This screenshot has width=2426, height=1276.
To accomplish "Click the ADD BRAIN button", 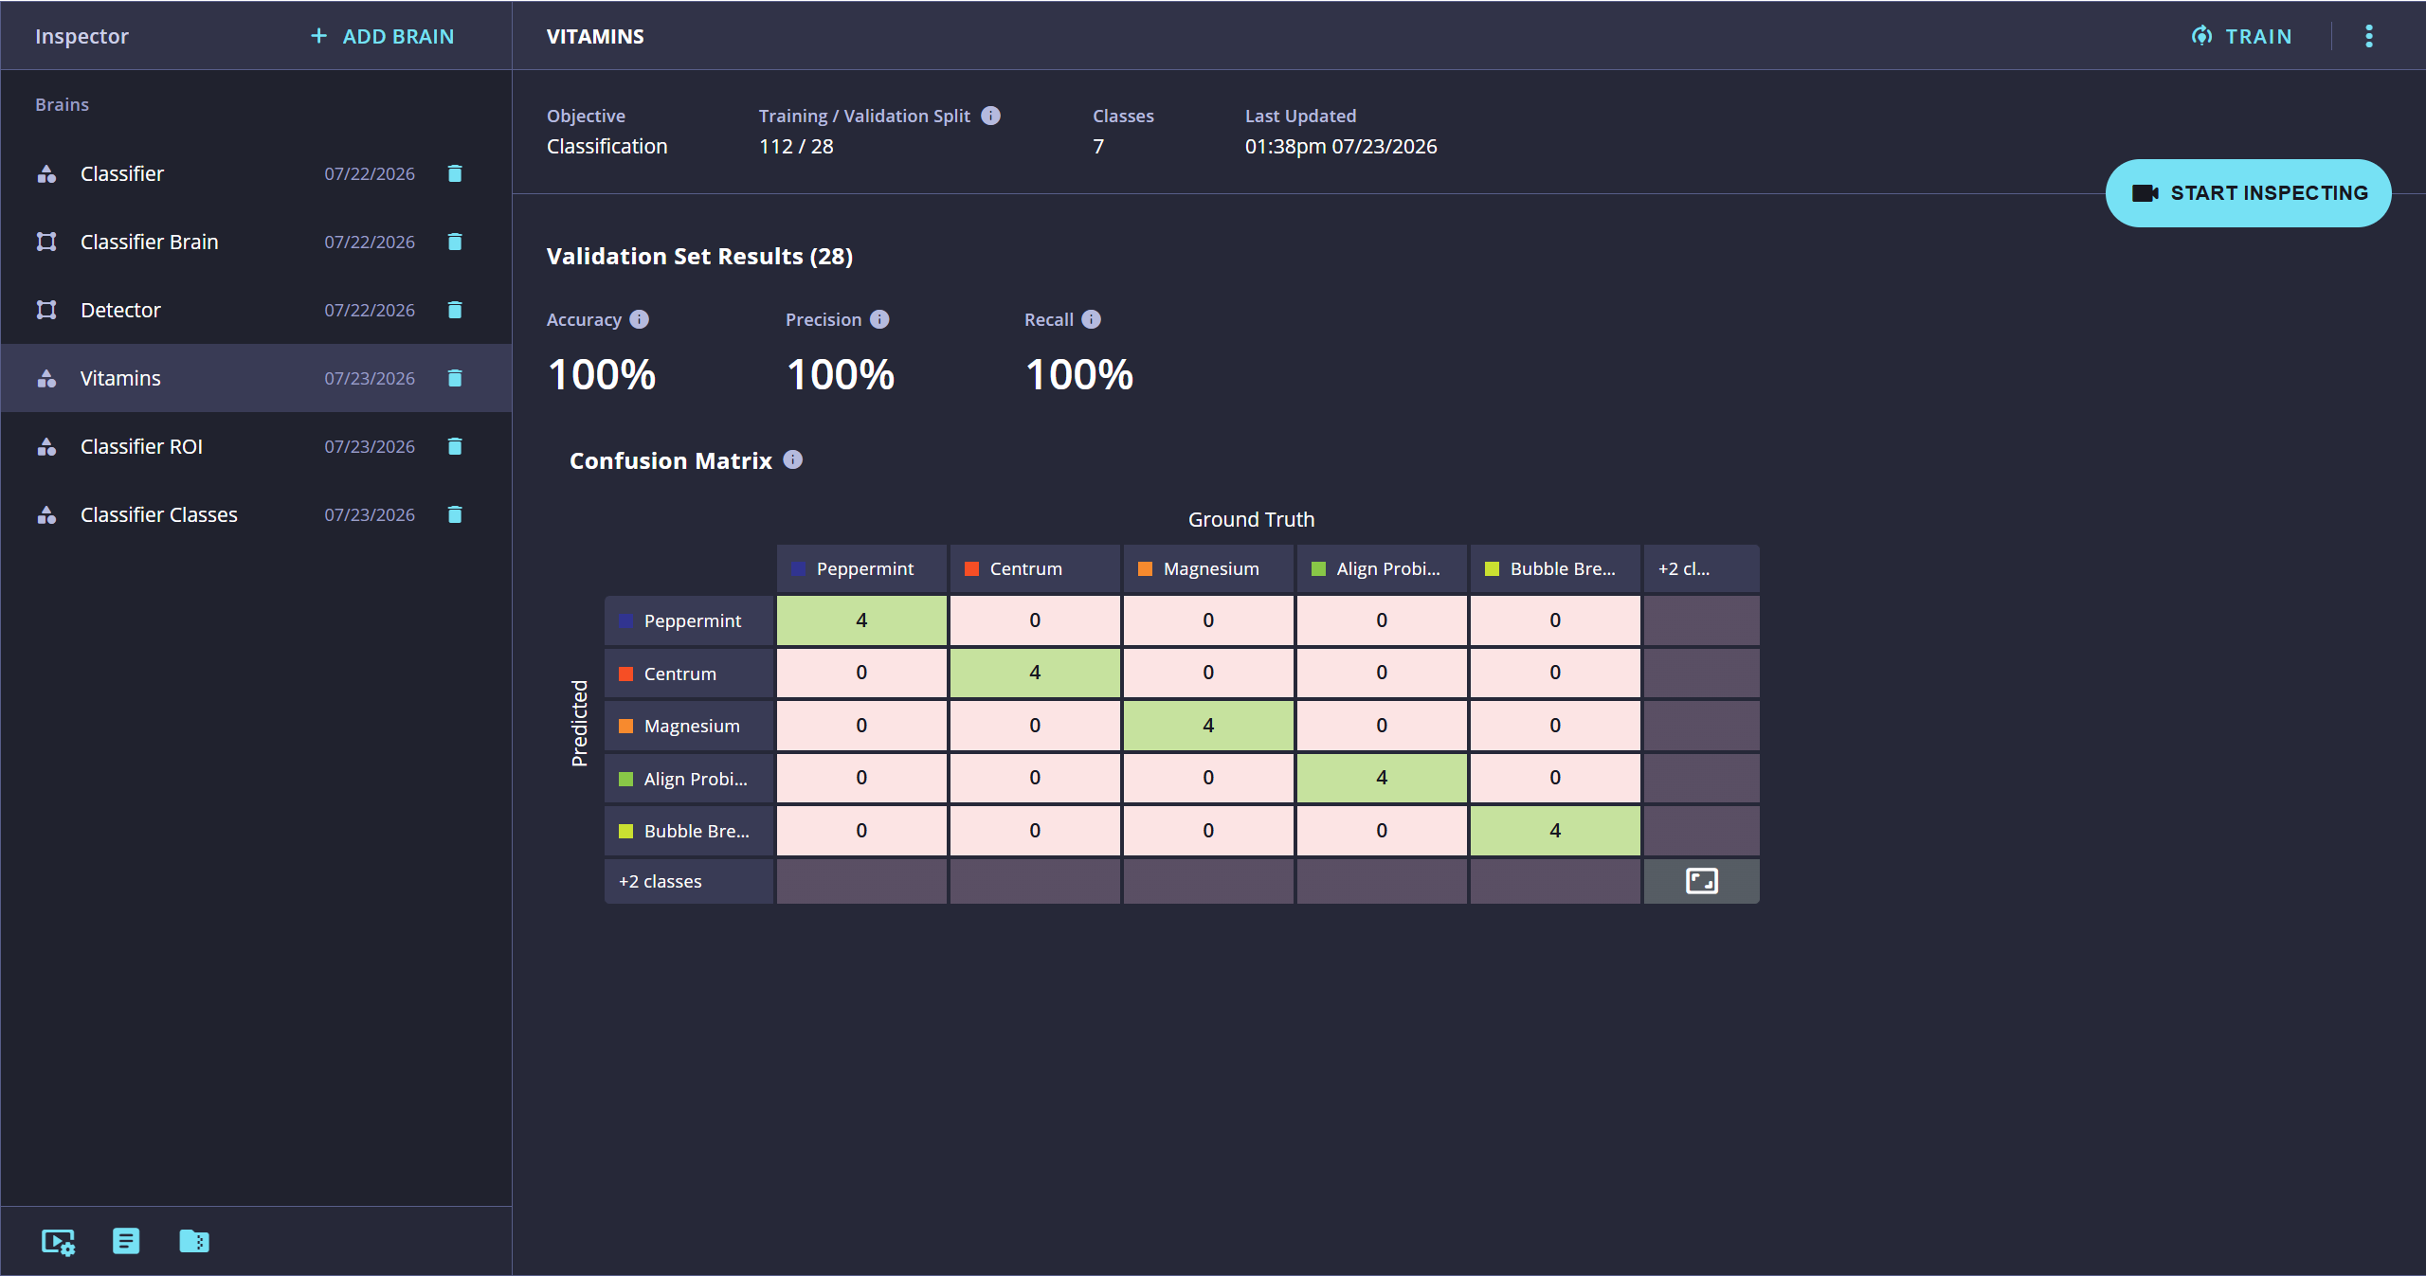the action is [383, 36].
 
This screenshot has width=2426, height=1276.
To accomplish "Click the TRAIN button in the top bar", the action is [2242, 36].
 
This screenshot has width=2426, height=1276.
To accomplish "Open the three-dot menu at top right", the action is [2369, 36].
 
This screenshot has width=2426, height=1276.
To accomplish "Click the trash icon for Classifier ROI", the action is [455, 446].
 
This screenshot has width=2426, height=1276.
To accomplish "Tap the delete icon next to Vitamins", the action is [455, 378].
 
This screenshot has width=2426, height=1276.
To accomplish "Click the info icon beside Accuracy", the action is [640, 319].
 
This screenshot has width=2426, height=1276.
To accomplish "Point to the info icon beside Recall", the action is [1092, 319].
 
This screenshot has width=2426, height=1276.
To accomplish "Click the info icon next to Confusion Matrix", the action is [793, 459].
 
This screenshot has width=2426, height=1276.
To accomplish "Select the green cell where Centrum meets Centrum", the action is [1035, 673].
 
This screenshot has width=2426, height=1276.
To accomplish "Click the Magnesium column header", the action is [1208, 568].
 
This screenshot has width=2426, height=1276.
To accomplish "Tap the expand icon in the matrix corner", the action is [1702, 881].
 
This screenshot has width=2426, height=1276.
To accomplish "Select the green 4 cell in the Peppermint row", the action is [861, 620].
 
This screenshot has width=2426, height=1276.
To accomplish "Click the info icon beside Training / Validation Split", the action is [991, 116].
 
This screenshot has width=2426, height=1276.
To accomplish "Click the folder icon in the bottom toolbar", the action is [194, 1241].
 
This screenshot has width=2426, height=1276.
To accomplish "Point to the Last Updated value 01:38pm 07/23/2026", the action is [1341, 147].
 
